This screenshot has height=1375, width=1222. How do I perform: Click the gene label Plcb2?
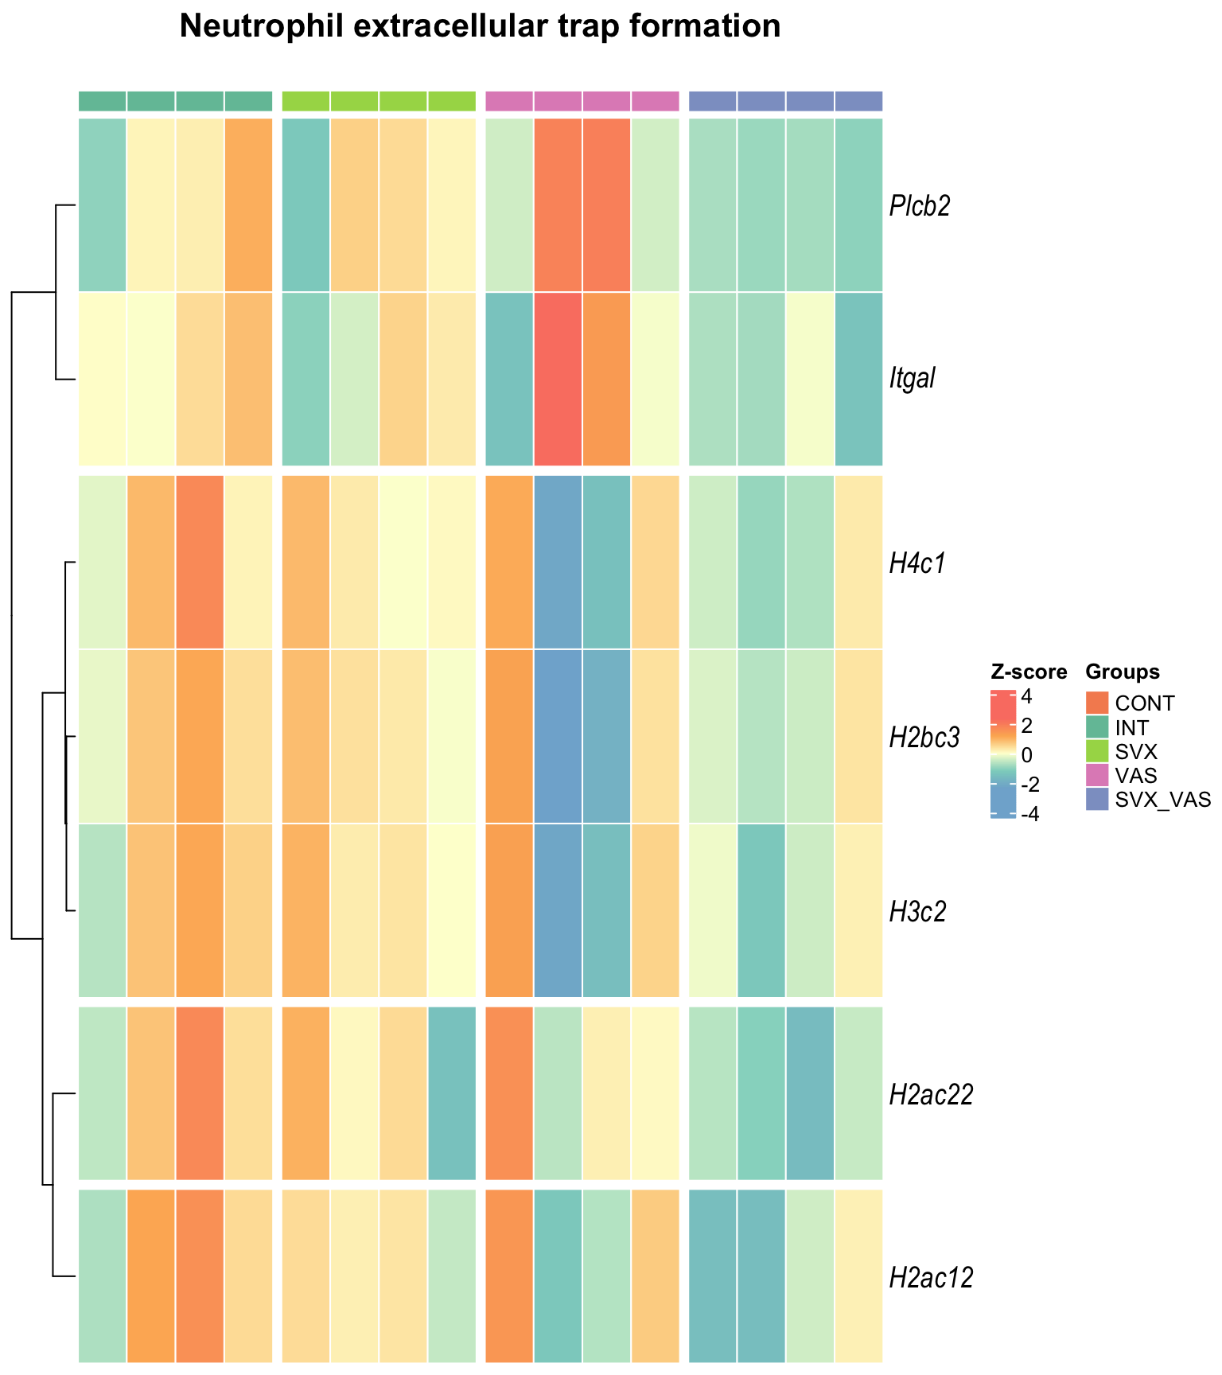tap(920, 206)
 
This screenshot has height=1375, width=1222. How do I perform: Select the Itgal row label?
tap(912, 378)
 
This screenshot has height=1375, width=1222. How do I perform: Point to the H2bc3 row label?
tap(924, 738)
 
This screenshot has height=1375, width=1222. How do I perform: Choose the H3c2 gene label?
tap(918, 911)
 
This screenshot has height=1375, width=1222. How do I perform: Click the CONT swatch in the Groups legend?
tap(1097, 703)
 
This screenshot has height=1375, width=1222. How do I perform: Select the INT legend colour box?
tap(1097, 727)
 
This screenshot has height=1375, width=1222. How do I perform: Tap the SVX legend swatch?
tap(1097, 751)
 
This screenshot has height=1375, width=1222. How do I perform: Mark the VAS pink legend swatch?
tap(1097, 775)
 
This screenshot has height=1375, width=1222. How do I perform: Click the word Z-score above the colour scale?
tap(1029, 672)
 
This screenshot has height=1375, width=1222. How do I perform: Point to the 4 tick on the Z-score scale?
tap(1027, 697)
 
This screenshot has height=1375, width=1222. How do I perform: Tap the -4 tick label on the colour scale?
tap(1029, 814)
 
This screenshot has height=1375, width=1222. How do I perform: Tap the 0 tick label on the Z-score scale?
tap(1027, 754)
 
